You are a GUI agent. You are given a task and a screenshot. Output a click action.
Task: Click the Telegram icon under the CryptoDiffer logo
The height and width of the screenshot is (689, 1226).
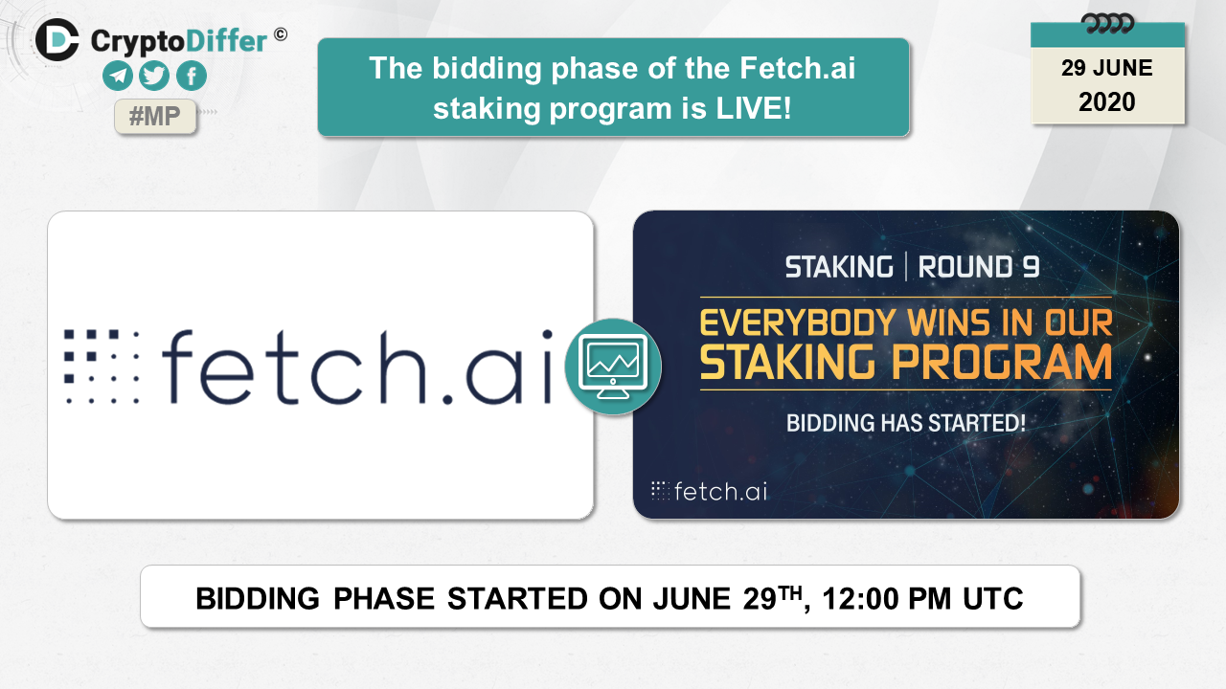click(118, 76)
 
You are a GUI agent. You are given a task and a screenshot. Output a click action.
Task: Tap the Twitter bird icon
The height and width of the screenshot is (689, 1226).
click(154, 76)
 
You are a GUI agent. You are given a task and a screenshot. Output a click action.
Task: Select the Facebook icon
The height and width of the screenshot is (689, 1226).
click(192, 76)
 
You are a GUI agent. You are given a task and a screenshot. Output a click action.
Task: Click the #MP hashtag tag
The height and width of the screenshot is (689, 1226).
click(155, 116)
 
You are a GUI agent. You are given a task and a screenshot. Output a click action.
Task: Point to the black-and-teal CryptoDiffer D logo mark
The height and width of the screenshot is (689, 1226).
click(57, 40)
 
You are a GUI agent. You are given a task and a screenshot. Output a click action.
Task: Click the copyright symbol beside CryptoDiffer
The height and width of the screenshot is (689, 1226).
click(281, 34)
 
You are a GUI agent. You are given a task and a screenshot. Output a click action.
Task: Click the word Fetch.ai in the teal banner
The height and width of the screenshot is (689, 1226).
click(798, 68)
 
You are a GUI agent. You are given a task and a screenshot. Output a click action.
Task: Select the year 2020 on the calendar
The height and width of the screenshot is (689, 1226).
click(1106, 102)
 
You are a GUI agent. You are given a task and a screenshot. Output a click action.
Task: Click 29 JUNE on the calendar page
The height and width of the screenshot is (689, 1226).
click(1106, 68)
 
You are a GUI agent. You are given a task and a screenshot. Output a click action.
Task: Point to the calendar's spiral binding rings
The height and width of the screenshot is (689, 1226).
click(1107, 24)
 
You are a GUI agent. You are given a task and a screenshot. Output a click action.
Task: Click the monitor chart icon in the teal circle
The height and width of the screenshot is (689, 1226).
click(613, 367)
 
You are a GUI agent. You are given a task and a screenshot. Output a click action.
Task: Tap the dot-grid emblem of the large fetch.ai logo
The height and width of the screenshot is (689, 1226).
click(102, 367)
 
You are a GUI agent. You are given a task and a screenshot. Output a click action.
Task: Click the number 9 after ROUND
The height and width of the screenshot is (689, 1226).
click(1031, 267)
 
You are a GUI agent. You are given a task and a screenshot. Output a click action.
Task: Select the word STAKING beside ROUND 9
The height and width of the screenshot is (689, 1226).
click(839, 267)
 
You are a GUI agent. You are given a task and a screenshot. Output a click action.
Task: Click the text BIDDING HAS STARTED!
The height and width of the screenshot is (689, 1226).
click(906, 423)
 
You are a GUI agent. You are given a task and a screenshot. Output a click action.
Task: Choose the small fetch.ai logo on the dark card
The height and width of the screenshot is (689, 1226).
click(709, 491)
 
